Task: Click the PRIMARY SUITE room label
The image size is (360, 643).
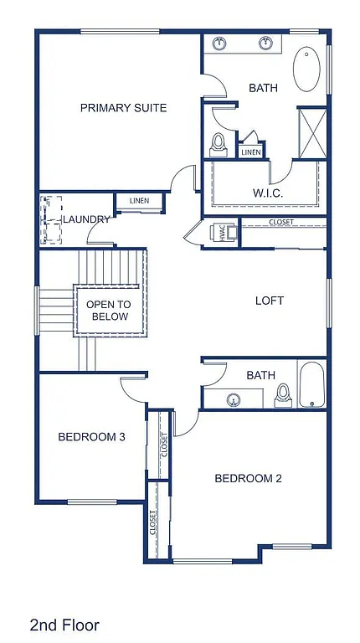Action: [123, 108]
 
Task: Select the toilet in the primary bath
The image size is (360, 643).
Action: [219, 145]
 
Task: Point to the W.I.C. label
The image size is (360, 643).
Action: [268, 193]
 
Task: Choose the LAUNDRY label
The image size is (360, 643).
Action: [87, 219]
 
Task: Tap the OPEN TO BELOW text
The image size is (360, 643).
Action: [107, 311]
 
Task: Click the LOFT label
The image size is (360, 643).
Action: [269, 301]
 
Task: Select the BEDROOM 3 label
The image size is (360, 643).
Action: [91, 436]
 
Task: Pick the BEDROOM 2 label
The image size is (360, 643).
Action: [248, 479]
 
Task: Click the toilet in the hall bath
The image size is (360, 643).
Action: [283, 394]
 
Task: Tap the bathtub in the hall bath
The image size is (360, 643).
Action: [311, 384]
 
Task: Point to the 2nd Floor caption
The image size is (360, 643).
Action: [64, 625]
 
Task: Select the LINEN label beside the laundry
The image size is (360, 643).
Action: [138, 201]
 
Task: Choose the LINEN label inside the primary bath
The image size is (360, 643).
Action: [250, 152]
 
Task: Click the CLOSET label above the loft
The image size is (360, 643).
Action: [280, 223]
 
